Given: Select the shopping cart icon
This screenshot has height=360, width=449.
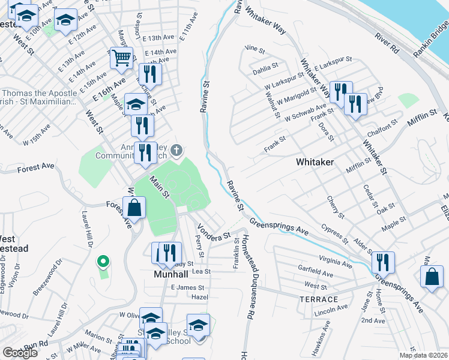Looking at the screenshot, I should (x=121, y=58).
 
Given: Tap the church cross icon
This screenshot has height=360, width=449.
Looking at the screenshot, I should (x=176, y=149).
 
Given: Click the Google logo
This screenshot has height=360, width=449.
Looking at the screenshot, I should (x=20, y=352).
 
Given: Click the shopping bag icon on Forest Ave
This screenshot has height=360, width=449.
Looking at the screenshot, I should (x=136, y=208).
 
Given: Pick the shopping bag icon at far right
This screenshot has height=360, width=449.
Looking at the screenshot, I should (x=432, y=277).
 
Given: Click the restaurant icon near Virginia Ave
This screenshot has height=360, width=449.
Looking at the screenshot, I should (x=382, y=262).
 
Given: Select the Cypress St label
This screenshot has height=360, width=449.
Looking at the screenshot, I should (x=334, y=234).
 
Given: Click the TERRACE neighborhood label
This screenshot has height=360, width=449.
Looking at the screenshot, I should (x=319, y=299).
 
